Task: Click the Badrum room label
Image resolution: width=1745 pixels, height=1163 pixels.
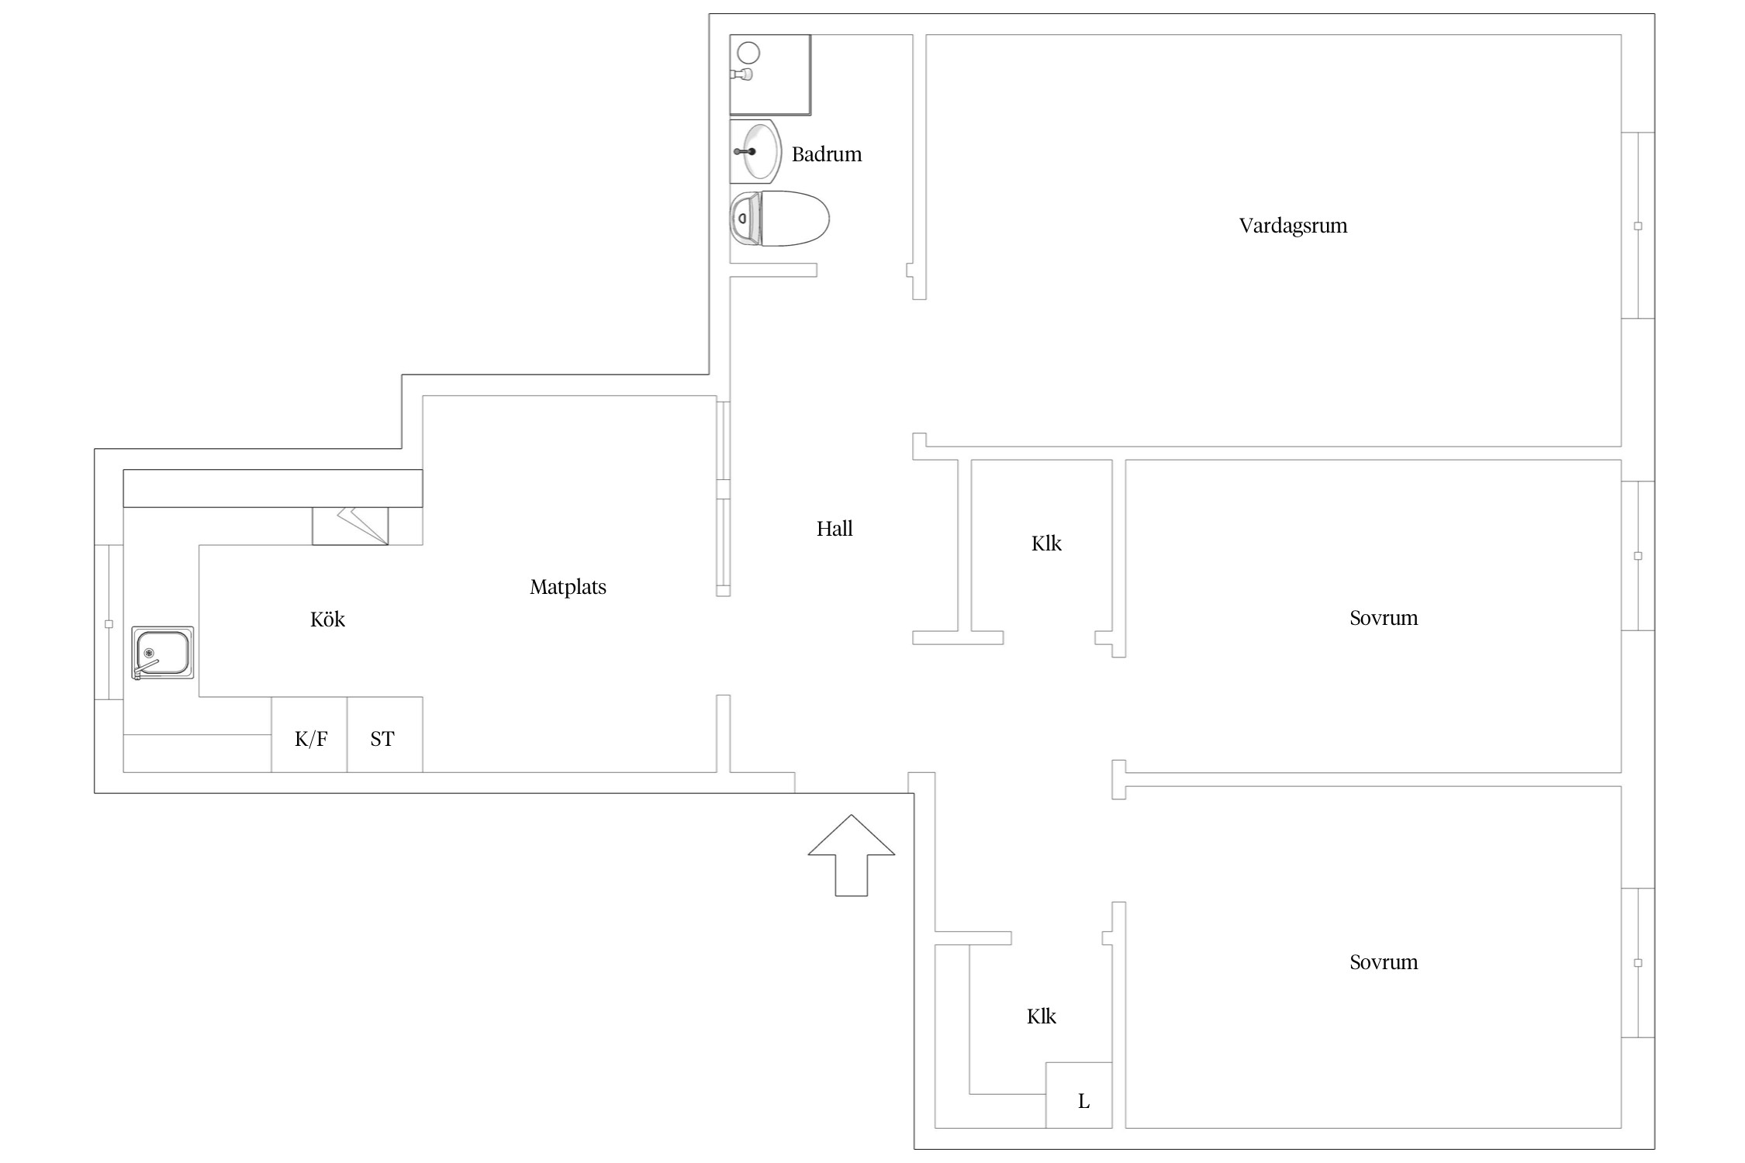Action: click(826, 154)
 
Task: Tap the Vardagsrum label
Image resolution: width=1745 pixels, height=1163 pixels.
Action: click(1293, 226)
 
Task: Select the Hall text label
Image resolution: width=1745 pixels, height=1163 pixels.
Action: click(834, 529)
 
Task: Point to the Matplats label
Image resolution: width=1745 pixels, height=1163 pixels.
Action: click(568, 587)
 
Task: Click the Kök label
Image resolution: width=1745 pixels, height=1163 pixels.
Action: click(327, 619)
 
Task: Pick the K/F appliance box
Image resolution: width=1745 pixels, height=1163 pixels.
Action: click(309, 734)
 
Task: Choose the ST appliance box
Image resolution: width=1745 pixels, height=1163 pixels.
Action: click(385, 734)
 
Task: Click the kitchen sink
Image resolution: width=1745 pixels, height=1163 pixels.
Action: click(163, 653)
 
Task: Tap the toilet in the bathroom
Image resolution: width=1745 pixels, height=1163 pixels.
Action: click(779, 219)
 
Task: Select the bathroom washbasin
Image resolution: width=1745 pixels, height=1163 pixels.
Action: click(755, 151)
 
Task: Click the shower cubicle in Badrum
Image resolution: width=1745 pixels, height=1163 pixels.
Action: click(770, 74)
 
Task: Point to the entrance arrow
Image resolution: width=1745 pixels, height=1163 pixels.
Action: click(852, 855)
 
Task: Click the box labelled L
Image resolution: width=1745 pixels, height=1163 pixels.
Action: click(1079, 1095)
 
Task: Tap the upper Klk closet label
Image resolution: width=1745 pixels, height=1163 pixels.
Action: click(1046, 544)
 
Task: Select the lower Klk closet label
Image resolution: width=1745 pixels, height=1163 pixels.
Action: click(1042, 1016)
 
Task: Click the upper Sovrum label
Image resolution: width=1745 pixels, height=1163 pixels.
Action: click(1384, 618)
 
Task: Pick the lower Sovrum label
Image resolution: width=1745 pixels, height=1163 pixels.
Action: click(1384, 962)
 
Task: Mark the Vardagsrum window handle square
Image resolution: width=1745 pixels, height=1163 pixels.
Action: click(1638, 226)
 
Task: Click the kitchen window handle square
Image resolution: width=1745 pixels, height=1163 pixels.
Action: click(109, 624)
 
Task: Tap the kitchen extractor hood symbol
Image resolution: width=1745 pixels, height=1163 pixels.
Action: click(351, 526)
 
